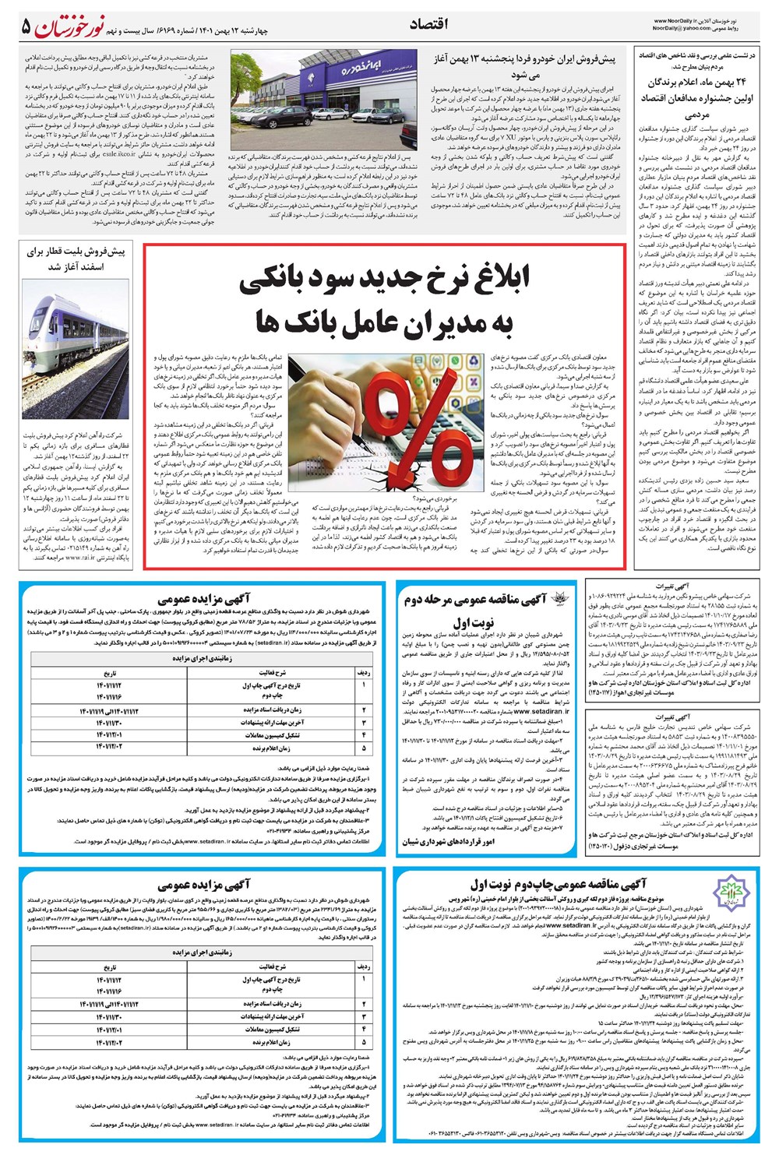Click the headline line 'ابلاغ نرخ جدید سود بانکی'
click(x=384, y=280)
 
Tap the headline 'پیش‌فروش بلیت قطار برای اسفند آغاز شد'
click(x=76, y=259)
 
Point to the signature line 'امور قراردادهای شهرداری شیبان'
click(x=448, y=842)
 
